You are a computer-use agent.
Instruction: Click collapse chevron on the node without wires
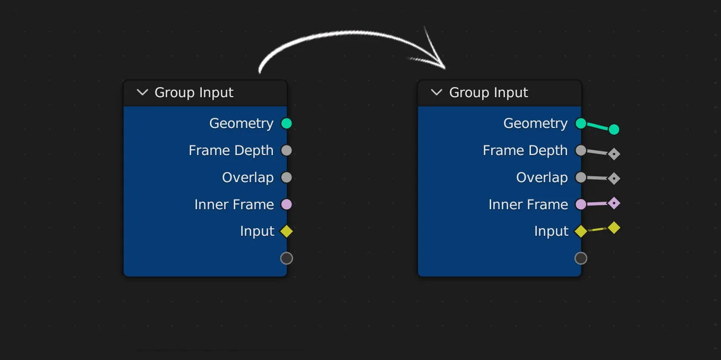point(142,92)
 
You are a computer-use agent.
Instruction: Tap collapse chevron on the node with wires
point(436,92)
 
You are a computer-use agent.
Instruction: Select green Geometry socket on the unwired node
point(287,124)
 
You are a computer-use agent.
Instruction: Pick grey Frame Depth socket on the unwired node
point(287,151)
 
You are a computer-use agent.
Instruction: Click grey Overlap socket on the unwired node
point(287,177)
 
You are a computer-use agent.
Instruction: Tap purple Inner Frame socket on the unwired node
point(287,204)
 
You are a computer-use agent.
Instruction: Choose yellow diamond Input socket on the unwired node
point(287,232)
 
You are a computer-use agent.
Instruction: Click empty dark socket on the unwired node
point(287,259)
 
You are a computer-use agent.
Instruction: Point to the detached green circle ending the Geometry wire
point(614,130)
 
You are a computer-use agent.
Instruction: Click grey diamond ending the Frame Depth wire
point(614,155)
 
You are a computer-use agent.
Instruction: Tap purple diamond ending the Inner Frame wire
point(614,203)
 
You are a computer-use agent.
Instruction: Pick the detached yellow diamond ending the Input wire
point(614,228)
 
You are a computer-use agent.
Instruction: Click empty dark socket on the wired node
point(581,259)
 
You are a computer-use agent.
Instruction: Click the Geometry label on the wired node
point(535,124)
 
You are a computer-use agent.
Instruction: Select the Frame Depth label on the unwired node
point(231,151)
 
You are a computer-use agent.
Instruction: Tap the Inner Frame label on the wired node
point(528,205)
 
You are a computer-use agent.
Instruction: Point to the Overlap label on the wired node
point(542,178)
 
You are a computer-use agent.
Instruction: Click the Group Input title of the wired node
point(488,93)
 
